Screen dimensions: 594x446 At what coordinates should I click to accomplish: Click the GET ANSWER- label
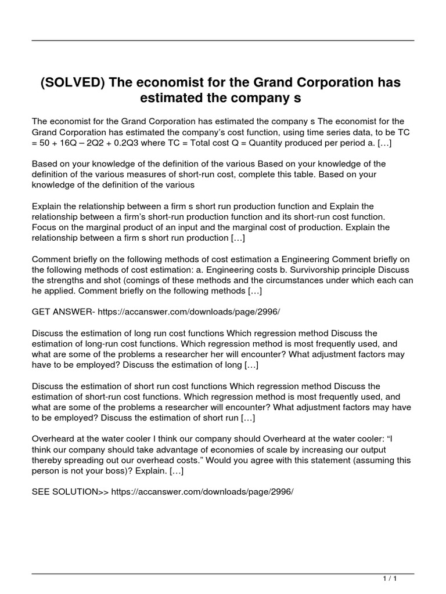[x=63, y=312]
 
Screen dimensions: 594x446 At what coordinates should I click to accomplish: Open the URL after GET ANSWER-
[x=189, y=312]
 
